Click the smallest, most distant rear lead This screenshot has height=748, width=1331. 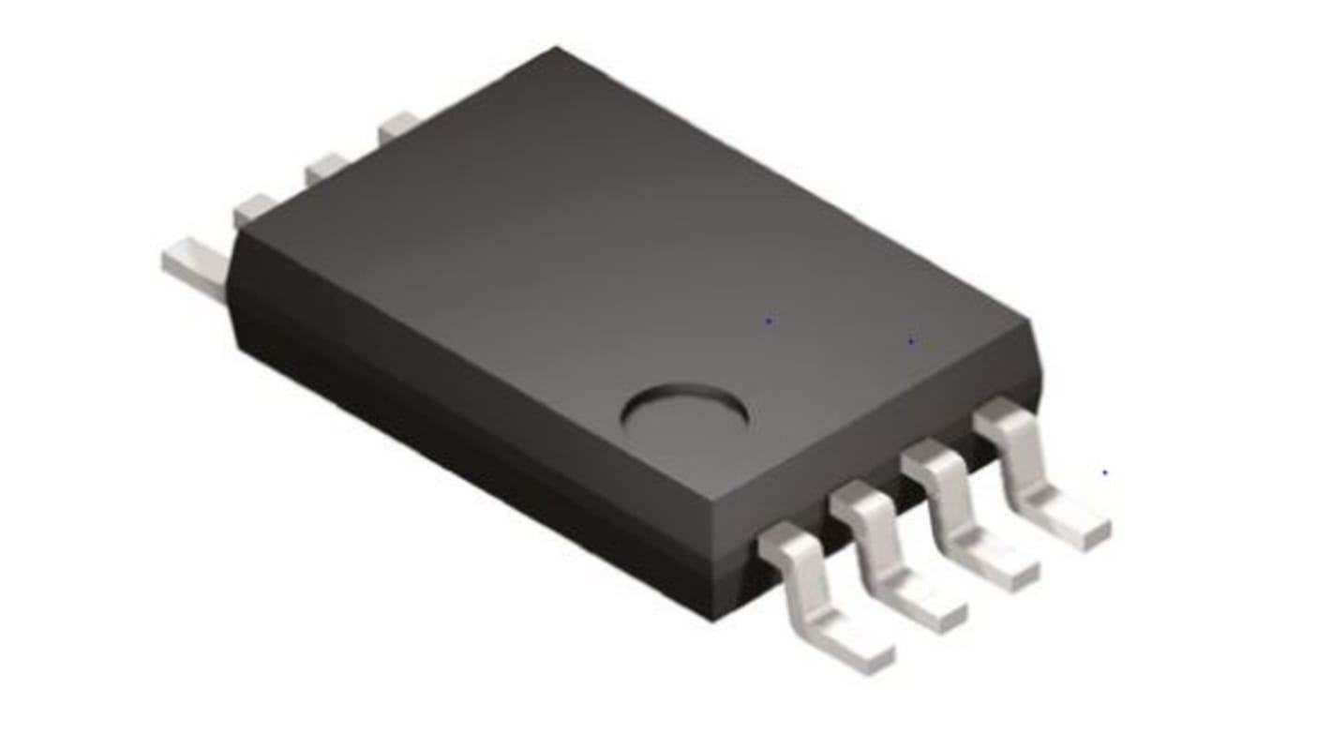click(398, 127)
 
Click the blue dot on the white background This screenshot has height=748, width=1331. click(1104, 472)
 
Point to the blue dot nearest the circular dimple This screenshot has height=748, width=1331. click(768, 321)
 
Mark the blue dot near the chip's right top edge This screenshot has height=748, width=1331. click(910, 341)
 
